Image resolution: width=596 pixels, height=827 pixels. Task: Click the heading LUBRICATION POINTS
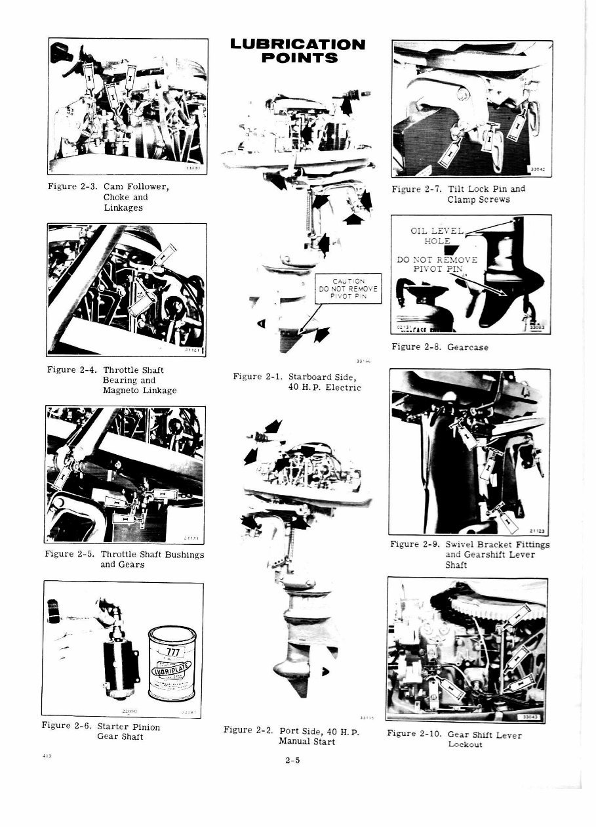click(298, 51)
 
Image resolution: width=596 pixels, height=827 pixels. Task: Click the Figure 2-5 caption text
click(125, 559)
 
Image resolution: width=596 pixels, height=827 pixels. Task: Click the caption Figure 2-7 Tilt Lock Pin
click(458, 194)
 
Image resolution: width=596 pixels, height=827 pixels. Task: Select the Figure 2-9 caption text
click(469, 554)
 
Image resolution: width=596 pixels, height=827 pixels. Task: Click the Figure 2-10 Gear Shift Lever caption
click(454, 738)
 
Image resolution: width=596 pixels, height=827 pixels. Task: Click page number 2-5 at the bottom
click(292, 761)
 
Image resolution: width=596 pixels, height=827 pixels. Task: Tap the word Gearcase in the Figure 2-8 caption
click(469, 347)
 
